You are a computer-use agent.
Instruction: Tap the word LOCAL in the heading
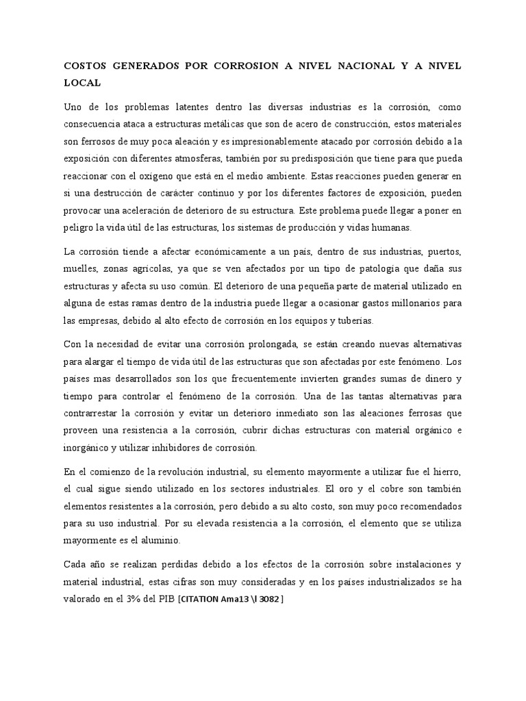click(x=82, y=83)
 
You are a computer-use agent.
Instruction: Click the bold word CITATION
click(x=202, y=599)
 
